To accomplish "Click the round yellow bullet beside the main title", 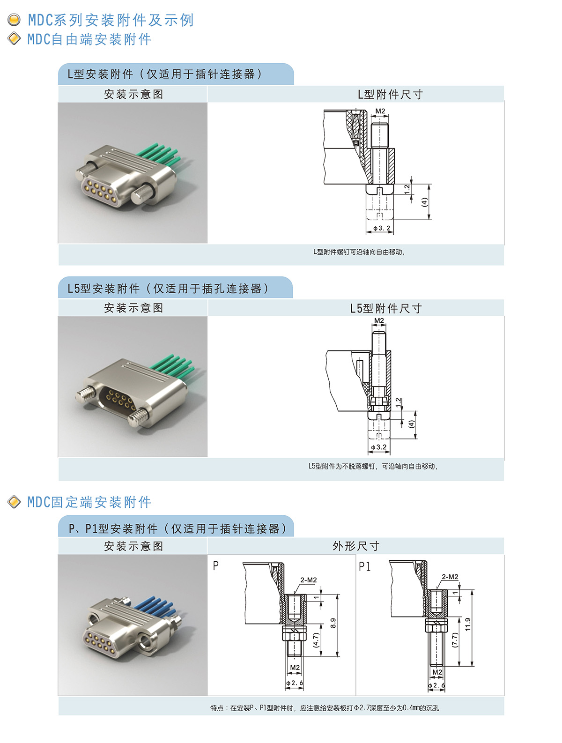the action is (14, 20).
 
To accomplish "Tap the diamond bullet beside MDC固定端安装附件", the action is (14, 502).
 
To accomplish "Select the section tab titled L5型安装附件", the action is (175, 288).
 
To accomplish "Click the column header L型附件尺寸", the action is (390, 95).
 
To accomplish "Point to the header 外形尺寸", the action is (356, 546).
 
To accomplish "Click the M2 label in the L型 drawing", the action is (380, 111).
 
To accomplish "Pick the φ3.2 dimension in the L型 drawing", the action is (382, 228).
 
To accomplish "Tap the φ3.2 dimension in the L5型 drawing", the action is (378, 447).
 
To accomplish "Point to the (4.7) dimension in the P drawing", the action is (316, 640).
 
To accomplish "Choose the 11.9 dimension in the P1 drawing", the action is (468, 624).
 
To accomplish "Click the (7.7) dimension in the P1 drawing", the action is (455, 640).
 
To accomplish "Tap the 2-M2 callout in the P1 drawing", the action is (450, 577).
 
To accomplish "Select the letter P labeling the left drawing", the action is (215, 565).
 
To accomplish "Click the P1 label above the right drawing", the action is (364, 567).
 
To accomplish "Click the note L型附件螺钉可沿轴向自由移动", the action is (359, 252).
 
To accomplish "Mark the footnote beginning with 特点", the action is (325, 708).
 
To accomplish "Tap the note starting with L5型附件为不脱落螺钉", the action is (373, 466).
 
